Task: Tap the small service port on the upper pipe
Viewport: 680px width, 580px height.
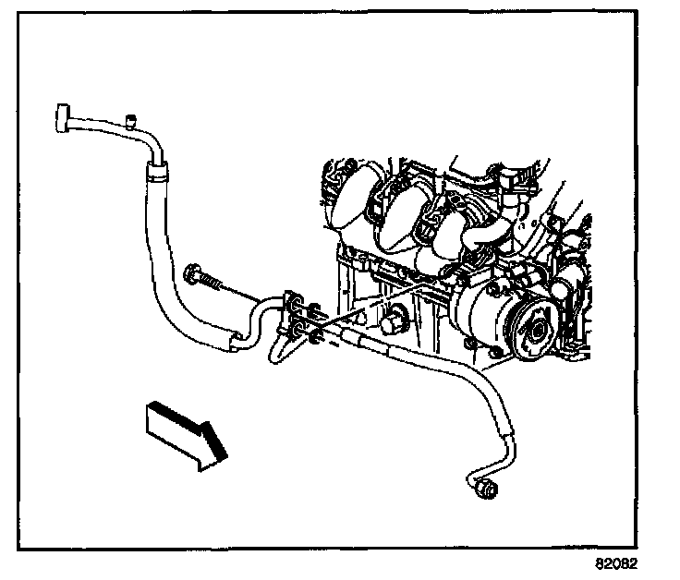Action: [x=129, y=118]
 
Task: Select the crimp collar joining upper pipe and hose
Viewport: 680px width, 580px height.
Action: [x=157, y=167]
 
